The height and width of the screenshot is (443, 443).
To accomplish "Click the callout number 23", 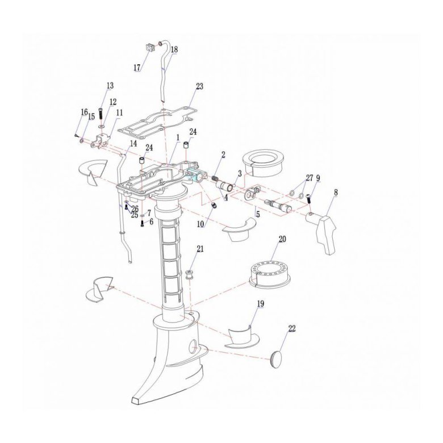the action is [x=199, y=86].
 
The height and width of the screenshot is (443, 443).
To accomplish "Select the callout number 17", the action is [x=137, y=68].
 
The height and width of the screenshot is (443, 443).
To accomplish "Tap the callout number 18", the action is [x=174, y=49].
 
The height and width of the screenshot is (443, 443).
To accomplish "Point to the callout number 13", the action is [x=110, y=85].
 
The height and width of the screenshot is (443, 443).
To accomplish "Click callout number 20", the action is [x=282, y=239].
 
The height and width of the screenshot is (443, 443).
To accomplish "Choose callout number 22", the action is [x=291, y=329].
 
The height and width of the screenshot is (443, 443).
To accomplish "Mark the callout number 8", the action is [x=336, y=193].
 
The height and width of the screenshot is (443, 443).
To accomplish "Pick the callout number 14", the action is [x=133, y=144].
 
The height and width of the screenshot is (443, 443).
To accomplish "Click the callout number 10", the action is [x=200, y=224].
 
